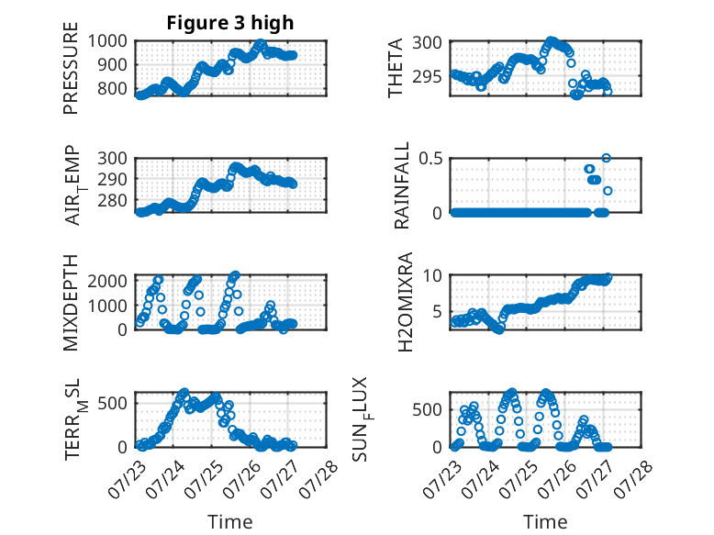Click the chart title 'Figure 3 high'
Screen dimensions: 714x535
coord(230,23)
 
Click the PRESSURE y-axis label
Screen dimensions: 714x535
coord(71,68)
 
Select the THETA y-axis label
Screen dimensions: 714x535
coord(396,68)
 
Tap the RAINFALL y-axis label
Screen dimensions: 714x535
coord(402,185)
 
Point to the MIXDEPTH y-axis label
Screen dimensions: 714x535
coord(71,302)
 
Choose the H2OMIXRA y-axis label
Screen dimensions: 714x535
coord(405,302)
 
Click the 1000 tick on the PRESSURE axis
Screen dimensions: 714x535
coord(107,41)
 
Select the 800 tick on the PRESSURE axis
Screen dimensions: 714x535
coord(113,88)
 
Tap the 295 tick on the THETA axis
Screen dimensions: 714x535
coord(427,76)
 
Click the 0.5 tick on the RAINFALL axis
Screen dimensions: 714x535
coord(430,159)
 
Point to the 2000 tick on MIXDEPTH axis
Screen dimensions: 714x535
coord(107,281)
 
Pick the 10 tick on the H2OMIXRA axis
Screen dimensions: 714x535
coord(432,275)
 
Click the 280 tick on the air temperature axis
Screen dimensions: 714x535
coord(113,200)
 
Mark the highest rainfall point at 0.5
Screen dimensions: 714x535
coord(606,158)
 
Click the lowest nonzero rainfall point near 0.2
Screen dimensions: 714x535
coord(608,191)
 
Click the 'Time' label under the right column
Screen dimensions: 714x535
coord(545,522)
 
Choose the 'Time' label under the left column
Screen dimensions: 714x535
coord(230,522)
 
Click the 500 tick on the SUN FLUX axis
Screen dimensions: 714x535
coord(427,410)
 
